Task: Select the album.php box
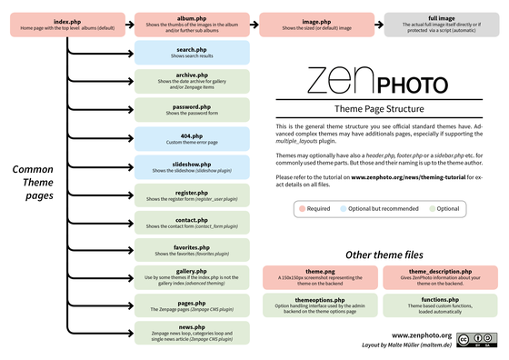point(191,24)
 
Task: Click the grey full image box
point(440,24)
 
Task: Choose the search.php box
point(191,52)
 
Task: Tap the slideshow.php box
point(191,167)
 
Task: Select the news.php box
point(191,333)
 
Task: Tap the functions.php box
point(439,304)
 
